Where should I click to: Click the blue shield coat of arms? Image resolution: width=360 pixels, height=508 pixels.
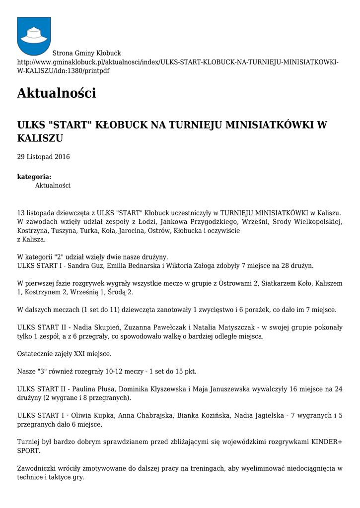(x=34, y=36)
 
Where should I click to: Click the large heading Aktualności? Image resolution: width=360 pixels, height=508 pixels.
(x=56, y=93)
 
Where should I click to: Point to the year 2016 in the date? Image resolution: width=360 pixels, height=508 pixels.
(x=62, y=157)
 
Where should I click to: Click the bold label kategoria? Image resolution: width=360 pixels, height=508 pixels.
(x=34, y=177)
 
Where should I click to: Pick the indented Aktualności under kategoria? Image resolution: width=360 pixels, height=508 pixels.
(x=53, y=186)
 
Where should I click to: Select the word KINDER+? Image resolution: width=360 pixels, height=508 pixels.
(x=326, y=442)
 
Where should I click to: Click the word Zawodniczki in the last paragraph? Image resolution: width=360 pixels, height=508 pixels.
(x=38, y=468)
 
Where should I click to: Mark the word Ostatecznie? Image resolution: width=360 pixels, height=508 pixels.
(x=36, y=354)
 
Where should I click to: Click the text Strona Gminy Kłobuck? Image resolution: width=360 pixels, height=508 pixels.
(x=87, y=53)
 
